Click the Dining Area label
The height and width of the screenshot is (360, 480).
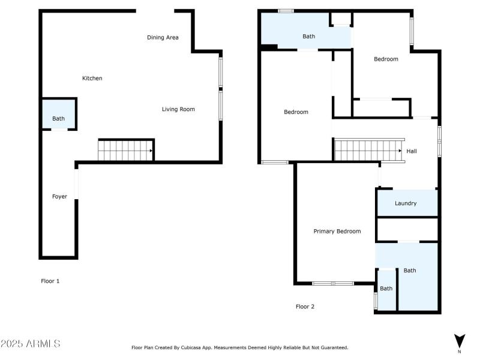point(163,38)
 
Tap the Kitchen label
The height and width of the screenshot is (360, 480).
point(92,79)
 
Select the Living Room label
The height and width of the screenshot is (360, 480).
point(178,109)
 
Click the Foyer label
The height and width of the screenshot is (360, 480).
point(59,197)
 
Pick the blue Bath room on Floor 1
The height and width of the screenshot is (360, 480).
point(58,113)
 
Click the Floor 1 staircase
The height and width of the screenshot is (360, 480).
point(125,150)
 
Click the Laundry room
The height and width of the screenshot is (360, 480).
point(407,203)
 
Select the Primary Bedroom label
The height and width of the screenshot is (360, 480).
point(337,232)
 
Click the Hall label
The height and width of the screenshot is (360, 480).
point(412,151)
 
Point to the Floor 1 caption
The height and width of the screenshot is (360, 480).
point(50,281)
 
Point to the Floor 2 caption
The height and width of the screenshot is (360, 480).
point(305,307)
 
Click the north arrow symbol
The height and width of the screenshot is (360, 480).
point(459,341)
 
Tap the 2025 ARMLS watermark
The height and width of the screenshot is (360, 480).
point(31,343)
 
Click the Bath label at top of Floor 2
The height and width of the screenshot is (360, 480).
point(308,37)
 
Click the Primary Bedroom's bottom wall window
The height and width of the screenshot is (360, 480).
point(333,283)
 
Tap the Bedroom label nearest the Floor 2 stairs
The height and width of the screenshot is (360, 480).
point(296,112)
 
